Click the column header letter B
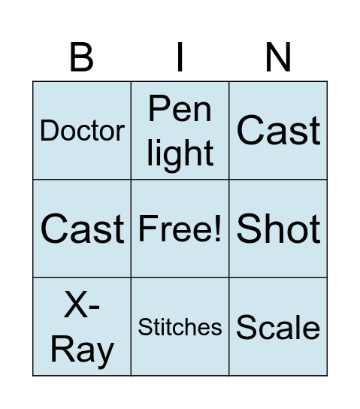coord(81,57)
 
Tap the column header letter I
coord(180,57)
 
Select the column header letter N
coord(278,57)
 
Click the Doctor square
coord(82,131)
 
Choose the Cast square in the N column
coord(278,131)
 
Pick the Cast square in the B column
coord(82,229)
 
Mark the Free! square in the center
coord(180,229)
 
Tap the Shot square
coord(278,229)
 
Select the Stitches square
coord(180,327)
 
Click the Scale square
coord(278,327)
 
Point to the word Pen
coord(180,109)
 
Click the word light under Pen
coord(180,154)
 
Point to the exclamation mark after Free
coord(217,229)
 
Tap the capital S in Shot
coord(247,229)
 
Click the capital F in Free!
coord(147,229)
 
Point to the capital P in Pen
coord(159,109)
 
